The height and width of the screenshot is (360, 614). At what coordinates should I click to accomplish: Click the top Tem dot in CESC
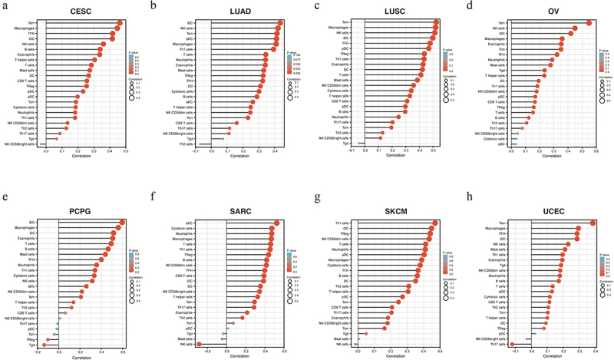[x=120, y=24]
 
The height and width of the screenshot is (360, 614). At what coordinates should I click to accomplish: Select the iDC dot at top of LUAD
[x=280, y=23]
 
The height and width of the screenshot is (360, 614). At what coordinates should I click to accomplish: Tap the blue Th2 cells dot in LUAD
[x=200, y=144]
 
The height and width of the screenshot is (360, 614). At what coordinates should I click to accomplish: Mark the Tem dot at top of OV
[x=589, y=23]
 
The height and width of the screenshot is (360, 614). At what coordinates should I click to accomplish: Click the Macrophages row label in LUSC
[x=342, y=29]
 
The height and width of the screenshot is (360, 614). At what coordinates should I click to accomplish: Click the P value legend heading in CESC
[x=134, y=51]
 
